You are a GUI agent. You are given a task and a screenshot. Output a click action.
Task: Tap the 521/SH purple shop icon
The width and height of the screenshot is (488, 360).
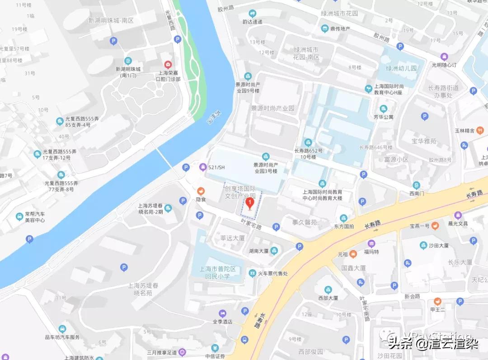tap(203, 167)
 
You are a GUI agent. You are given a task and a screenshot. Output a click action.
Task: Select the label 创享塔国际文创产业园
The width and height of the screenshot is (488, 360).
tap(243, 191)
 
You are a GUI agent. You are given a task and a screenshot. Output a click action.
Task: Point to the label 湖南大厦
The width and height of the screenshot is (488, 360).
tap(258, 251)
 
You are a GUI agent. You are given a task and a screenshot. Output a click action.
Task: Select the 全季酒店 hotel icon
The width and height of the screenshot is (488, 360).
tap(222, 313)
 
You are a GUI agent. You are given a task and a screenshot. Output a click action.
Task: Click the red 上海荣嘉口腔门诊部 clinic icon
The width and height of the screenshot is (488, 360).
tap(168, 65)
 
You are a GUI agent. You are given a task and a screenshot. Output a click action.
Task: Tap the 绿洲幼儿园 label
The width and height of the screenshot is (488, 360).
tap(401, 69)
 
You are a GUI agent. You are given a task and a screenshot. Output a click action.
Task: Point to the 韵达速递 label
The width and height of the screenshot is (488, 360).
tap(252, 21)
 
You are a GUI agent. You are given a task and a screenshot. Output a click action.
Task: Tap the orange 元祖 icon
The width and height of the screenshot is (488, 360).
tap(353, 254)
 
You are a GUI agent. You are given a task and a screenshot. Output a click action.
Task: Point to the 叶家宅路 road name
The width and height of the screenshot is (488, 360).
tap(251, 223)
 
